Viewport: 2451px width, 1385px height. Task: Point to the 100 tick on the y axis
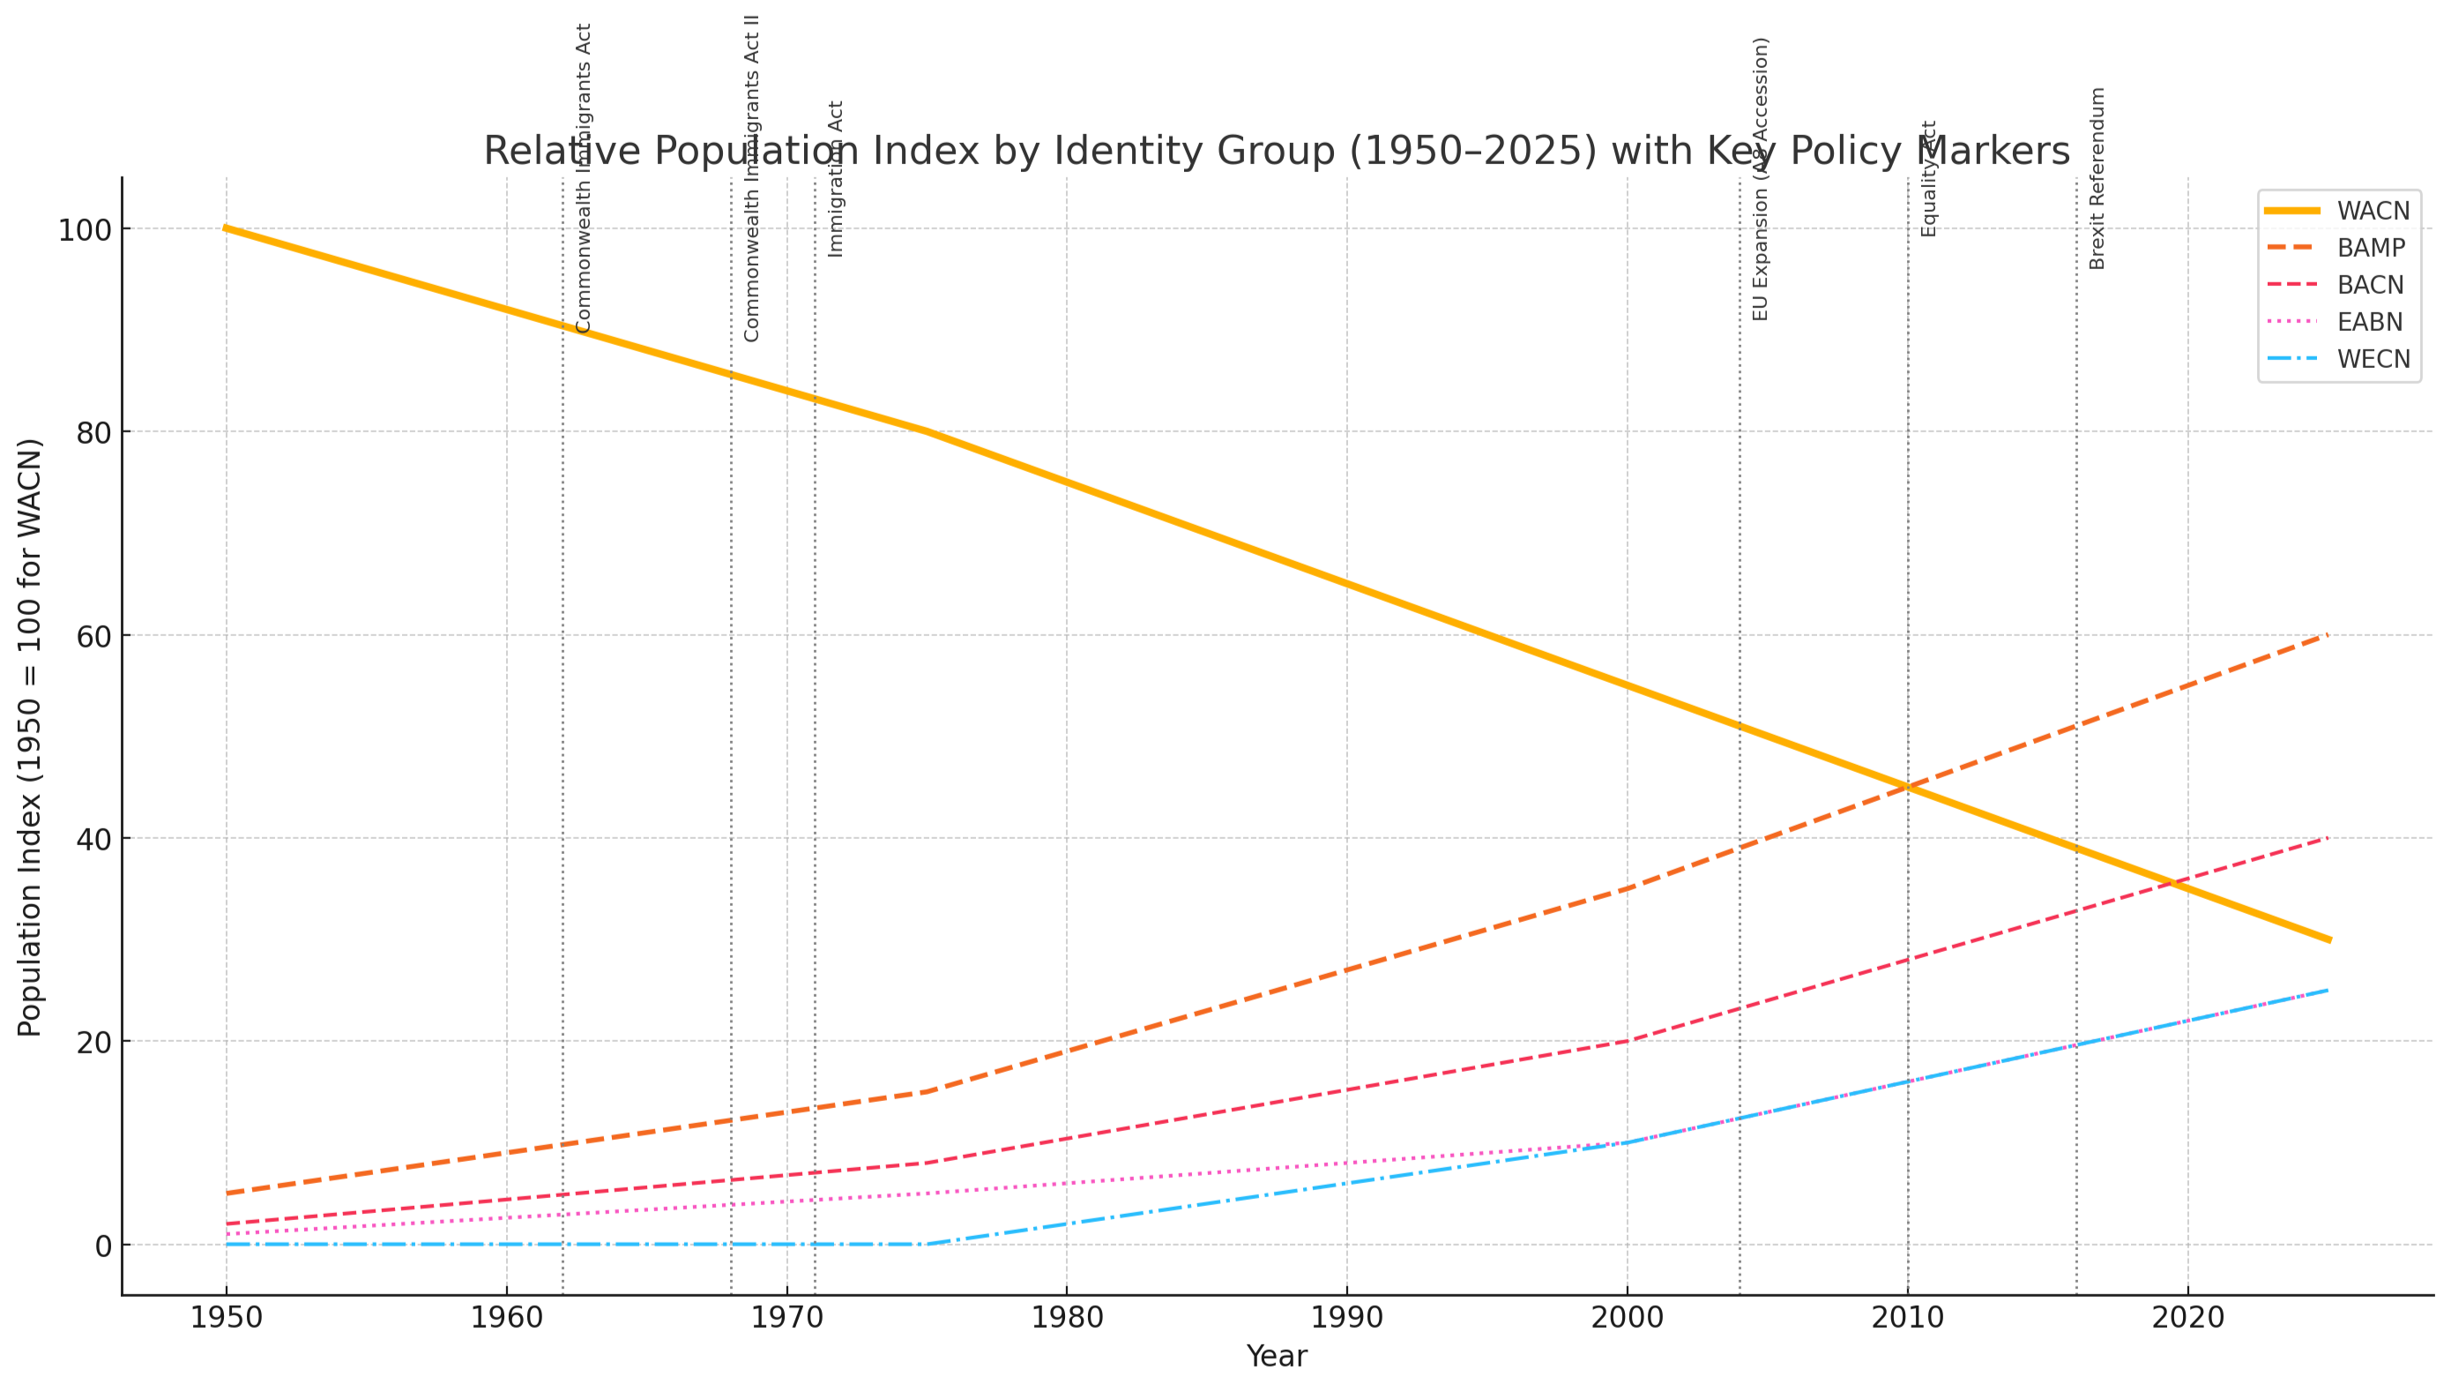pyautogui.click(x=85, y=229)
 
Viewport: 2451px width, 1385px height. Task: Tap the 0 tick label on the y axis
pyautogui.click(x=104, y=1245)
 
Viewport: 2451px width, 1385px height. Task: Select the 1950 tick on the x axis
pyautogui.click(x=226, y=1318)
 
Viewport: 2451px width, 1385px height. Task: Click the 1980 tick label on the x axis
pyautogui.click(x=1066, y=1318)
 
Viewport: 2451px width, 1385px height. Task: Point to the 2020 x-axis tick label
pyautogui.click(x=2187, y=1318)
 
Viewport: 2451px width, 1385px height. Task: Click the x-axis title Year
pyautogui.click(x=1276, y=1357)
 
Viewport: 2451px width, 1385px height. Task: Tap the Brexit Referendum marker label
pyautogui.click(x=2097, y=178)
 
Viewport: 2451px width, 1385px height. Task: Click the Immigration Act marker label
pyautogui.click(x=836, y=178)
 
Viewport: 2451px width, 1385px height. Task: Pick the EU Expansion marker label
pyautogui.click(x=1761, y=178)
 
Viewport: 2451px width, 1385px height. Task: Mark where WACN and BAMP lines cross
pyautogui.click(x=1907, y=787)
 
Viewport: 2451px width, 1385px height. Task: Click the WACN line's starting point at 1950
pyautogui.click(x=226, y=228)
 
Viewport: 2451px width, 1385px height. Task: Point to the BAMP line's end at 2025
pyautogui.click(x=2328, y=635)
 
